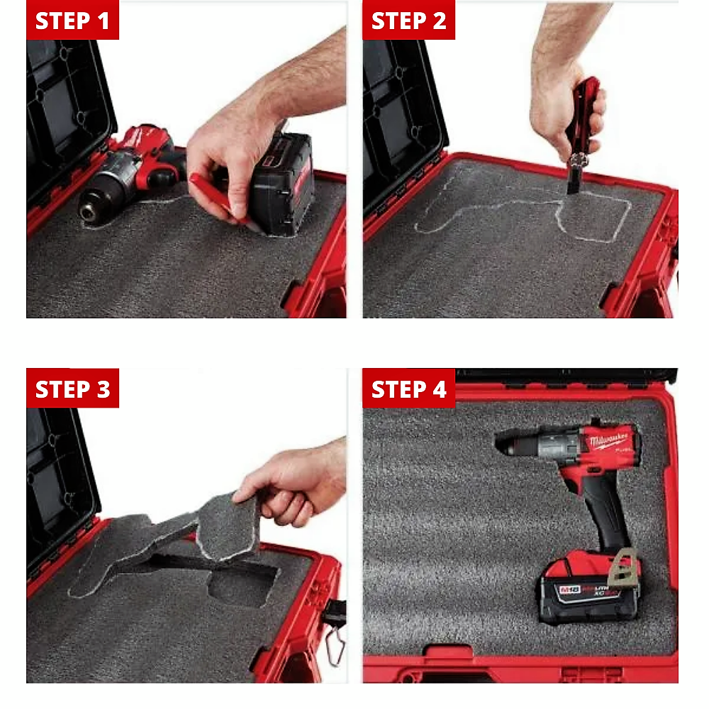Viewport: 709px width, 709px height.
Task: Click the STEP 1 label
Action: (x=72, y=21)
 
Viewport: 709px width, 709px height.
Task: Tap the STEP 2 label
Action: (x=408, y=21)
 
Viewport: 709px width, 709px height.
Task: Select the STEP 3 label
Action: (x=72, y=389)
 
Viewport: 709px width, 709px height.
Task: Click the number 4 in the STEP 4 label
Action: (x=440, y=389)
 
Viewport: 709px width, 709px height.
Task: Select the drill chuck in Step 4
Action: (x=514, y=445)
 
